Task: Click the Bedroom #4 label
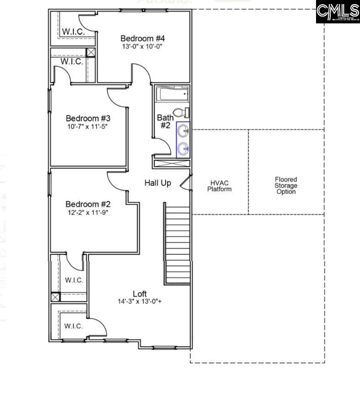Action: [142, 39]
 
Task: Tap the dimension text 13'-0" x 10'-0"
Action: [142, 47]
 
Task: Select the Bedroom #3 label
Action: [88, 118]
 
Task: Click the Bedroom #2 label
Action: [88, 204]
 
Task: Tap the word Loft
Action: [140, 293]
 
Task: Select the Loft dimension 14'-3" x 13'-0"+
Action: [140, 302]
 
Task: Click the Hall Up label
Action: [158, 183]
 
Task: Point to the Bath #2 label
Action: [165, 122]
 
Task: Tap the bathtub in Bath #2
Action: [172, 95]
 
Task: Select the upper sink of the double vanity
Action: [183, 132]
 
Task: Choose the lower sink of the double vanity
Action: [183, 148]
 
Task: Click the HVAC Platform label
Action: [219, 186]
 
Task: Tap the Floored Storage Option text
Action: [286, 186]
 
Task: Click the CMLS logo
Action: [338, 12]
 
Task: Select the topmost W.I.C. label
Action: [72, 32]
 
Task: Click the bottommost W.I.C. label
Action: [73, 326]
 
